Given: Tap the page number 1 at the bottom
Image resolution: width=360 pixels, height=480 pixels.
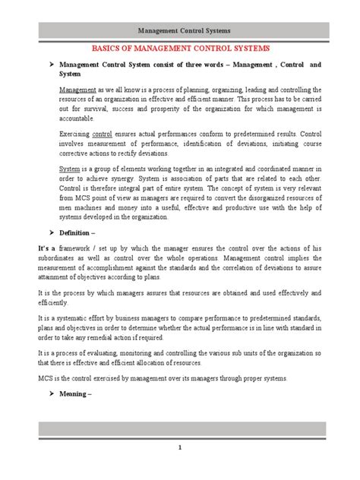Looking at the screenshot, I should click(180, 469).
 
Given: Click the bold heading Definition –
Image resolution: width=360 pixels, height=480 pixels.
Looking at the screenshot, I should click(79, 231).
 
